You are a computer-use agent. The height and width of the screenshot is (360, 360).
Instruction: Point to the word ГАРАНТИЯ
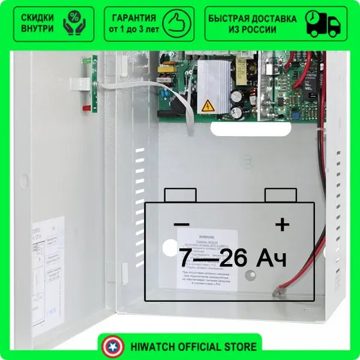point(134,18)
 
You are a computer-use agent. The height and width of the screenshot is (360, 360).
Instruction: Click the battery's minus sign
point(181,224)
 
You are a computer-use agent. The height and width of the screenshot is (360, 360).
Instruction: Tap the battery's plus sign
point(281,224)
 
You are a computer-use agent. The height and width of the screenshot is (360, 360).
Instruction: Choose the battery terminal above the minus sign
point(180,195)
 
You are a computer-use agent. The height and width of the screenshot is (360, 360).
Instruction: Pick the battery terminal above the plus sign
point(281,195)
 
